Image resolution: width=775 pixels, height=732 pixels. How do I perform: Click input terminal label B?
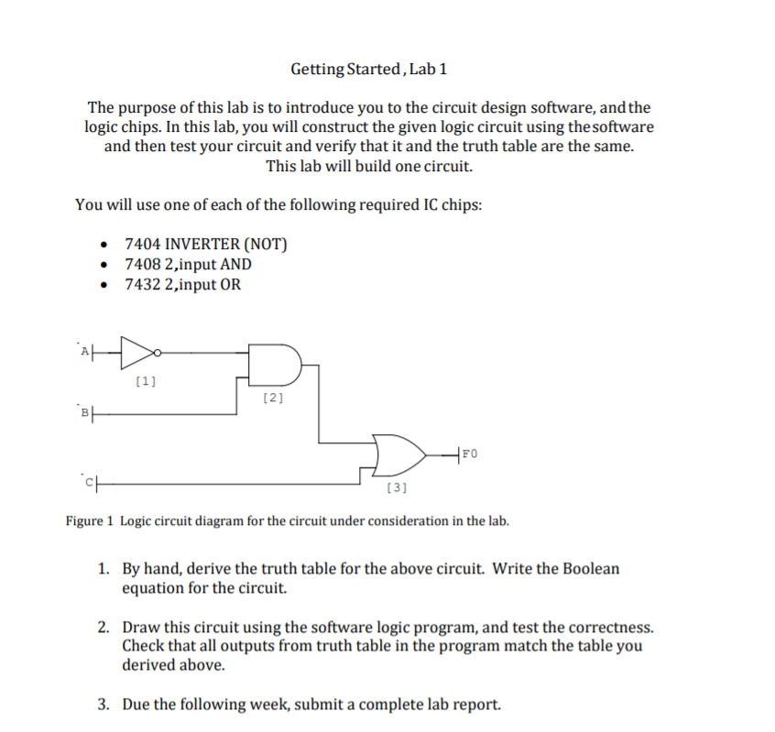pos(85,411)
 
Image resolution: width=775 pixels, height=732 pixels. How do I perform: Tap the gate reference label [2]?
pos(273,398)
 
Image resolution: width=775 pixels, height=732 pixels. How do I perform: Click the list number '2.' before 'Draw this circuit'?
pos(105,628)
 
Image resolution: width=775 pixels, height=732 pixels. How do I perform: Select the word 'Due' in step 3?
pos(136,705)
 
